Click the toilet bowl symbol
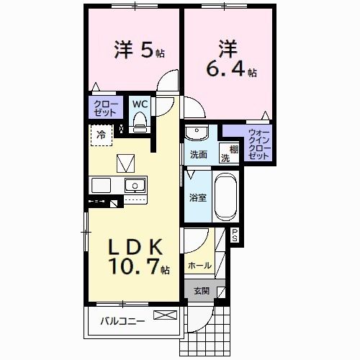[x=140, y=123]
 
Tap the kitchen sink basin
[x=135, y=186]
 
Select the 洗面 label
[x=199, y=155]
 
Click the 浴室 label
[x=198, y=197]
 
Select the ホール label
[x=199, y=266]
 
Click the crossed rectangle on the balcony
[x=164, y=315]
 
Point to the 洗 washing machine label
[x=225, y=158]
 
